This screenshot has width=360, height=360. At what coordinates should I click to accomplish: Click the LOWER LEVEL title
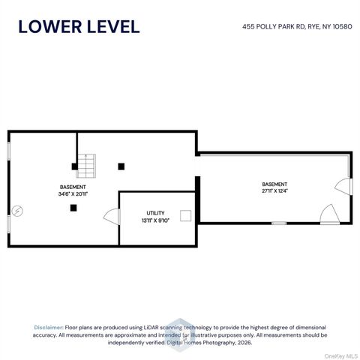coord(79,27)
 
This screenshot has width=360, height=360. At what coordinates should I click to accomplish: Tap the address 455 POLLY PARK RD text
coord(274,26)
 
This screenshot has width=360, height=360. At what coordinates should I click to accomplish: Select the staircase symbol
coord(86,166)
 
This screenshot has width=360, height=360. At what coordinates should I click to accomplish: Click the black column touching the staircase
coord(74,166)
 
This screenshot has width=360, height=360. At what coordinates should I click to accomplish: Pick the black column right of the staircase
coord(121,166)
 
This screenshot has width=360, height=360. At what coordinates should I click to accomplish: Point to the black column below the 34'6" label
coord(73,208)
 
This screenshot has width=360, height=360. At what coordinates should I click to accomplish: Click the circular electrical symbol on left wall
coord(17,211)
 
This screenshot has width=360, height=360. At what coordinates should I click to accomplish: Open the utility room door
coord(112,217)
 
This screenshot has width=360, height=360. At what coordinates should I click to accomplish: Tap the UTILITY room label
coord(155,213)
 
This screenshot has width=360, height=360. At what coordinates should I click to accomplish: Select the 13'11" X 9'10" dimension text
coord(155,220)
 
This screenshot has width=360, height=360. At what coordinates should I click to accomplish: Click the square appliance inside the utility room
coord(186,216)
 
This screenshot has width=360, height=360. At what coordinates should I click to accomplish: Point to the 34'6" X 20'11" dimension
coord(73,193)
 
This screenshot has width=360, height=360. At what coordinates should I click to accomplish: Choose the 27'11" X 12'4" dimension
coord(274,191)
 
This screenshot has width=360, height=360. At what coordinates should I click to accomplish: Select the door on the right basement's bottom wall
coord(330,214)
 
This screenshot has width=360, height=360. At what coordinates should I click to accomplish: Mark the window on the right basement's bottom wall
coord(279,223)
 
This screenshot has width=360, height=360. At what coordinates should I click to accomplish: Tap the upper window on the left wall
coord(9,151)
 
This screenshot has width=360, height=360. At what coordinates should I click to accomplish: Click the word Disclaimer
coord(49,328)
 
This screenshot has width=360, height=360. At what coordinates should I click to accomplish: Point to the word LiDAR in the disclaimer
coord(151,328)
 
